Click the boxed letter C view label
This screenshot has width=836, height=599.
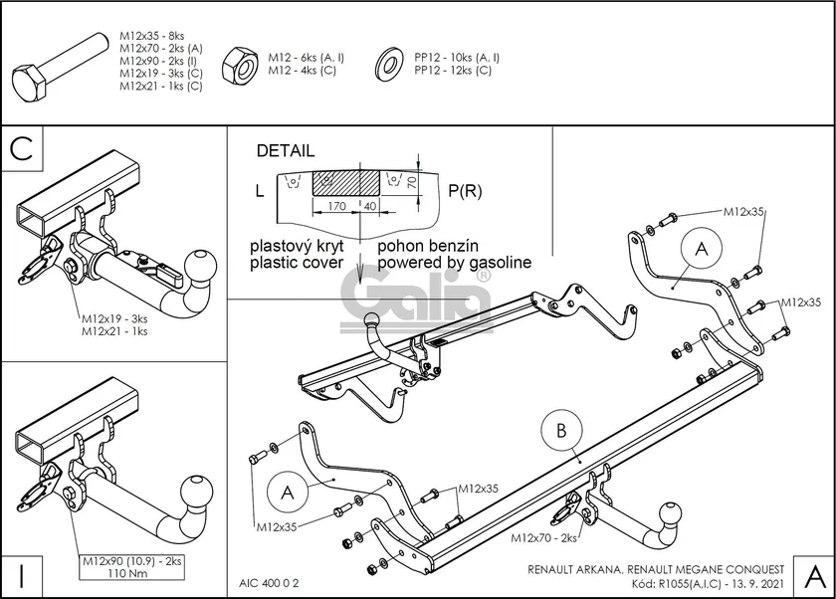point(24,148)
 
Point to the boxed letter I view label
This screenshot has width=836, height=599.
point(22,574)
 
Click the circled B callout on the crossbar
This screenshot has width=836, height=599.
point(561,431)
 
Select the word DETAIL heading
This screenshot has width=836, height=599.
point(285,151)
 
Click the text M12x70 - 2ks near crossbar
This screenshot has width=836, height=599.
point(543,538)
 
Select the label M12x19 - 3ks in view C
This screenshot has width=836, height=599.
point(114,319)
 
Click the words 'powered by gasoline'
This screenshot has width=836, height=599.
point(454,263)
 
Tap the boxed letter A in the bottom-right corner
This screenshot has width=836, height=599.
point(813,574)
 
